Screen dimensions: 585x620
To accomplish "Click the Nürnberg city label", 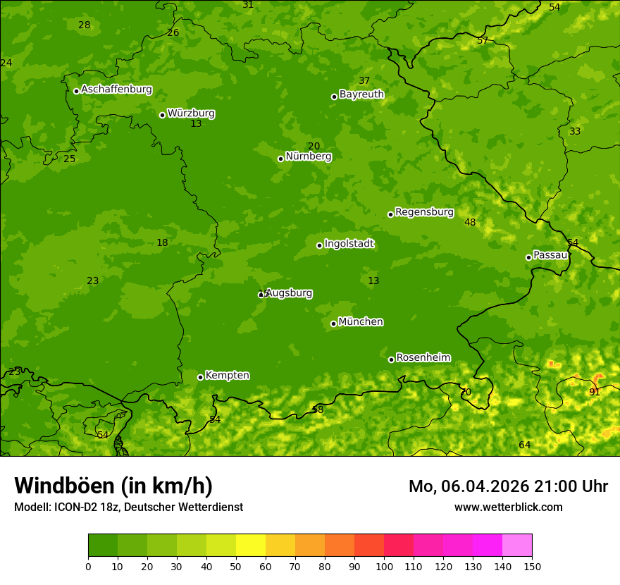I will [308, 156].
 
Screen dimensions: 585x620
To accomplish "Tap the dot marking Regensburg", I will [390, 214].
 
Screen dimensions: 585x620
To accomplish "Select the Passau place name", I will [550, 255].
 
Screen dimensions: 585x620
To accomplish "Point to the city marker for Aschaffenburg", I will [76, 91].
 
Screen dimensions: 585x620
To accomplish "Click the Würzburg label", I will [191, 113].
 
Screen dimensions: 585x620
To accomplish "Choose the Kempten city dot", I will [200, 377].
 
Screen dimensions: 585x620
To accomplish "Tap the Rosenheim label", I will [423, 358].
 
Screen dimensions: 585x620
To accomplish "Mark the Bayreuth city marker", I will [334, 97].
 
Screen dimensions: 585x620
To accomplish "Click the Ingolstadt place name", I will [349, 244].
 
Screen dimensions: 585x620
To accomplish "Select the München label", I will [361, 322].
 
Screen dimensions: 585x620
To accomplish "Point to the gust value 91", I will [595, 392].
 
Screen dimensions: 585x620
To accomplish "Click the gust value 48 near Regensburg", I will [470, 223].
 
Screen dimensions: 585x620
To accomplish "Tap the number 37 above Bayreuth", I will [364, 81].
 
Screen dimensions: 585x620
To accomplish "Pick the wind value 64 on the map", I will [524, 445].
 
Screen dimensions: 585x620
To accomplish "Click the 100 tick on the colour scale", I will [384, 566].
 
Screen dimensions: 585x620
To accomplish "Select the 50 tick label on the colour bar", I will [236, 566].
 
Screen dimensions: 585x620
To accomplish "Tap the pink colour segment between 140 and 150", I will [517, 546].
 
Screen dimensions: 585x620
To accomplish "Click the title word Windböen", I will [64, 486].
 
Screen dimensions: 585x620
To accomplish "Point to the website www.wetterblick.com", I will [508, 507].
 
